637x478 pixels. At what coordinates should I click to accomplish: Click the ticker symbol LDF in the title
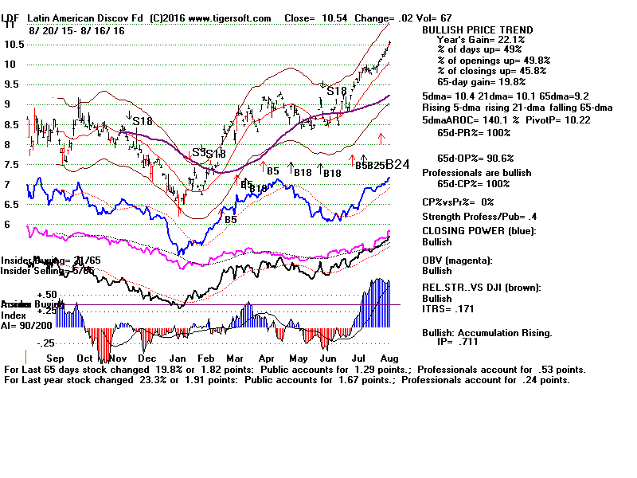click(11, 18)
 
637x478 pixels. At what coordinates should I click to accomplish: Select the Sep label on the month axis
click(54, 358)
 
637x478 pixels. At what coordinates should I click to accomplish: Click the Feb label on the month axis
click(205, 358)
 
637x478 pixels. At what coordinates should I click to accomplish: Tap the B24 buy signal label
click(397, 165)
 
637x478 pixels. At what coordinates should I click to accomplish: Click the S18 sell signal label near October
click(142, 121)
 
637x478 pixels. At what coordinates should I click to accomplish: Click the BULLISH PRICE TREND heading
click(478, 30)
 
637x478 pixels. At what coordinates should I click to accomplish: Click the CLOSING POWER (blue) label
click(479, 232)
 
